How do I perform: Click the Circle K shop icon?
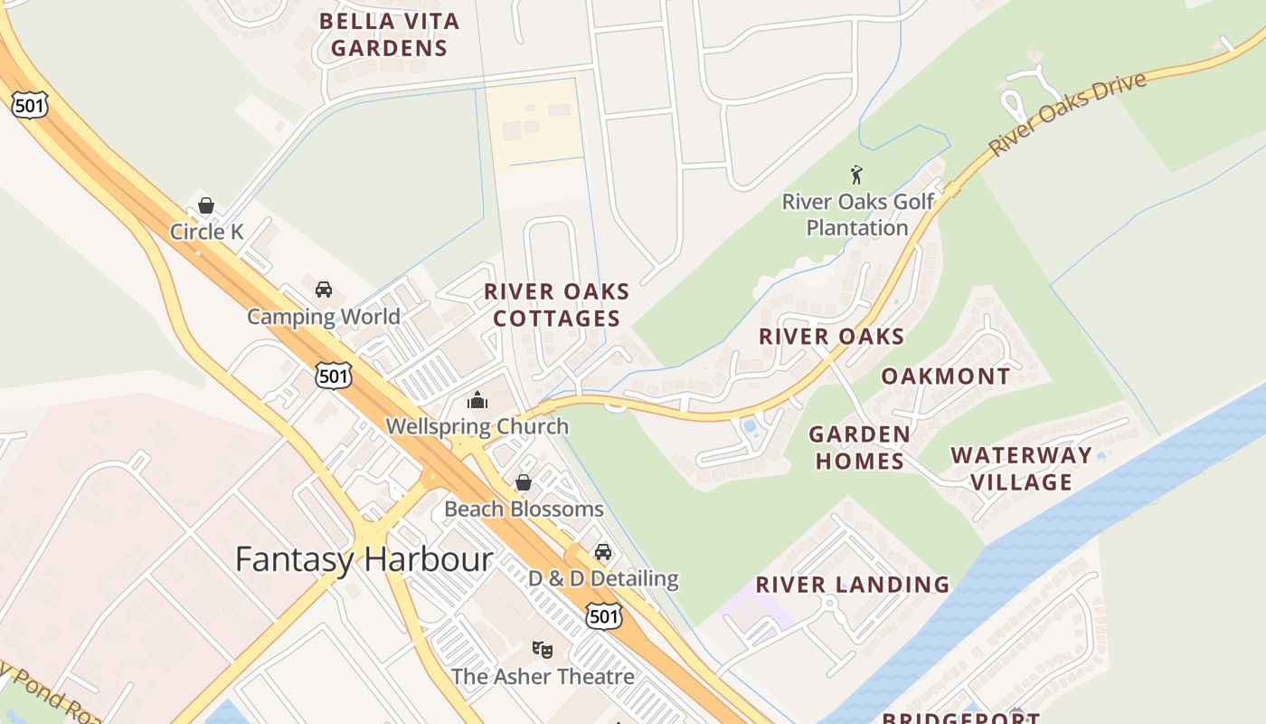[x=206, y=205]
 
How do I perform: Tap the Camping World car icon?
[x=323, y=290]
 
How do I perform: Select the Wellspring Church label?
[x=477, y=426]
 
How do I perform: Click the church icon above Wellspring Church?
[x=477, y=400]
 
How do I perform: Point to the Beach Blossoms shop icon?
[x=523, y=483]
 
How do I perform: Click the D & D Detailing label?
[x=603, y=578]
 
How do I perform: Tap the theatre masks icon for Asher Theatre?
[x=542, y=649]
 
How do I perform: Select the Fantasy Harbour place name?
[x=364, y=558]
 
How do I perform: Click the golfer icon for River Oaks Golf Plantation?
[x=856, y=175]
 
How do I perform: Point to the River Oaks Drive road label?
[x=1067, y=114]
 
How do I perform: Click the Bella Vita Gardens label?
[x=389, y=34]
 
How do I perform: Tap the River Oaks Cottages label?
[x=556, y=305]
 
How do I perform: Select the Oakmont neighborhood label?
[x=945, y=376]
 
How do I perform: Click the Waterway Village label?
[x=1021, y=468]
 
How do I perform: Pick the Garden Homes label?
[x=859, y=447]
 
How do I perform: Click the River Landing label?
[x=853, y=585]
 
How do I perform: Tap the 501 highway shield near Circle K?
[x=29, y=105]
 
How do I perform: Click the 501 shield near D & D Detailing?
[x=603, y=616]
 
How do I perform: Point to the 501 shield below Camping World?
[x=333, y=375]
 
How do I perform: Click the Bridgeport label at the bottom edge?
[x=960, y=718]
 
